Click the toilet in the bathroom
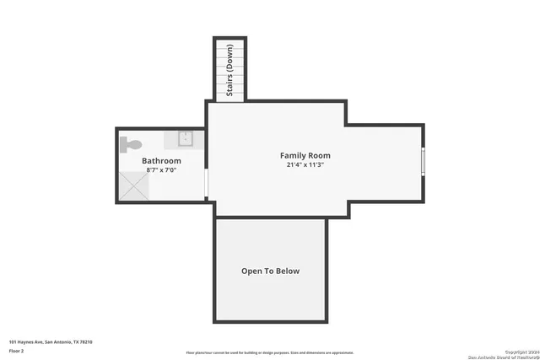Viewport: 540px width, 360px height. [x=129, y=144]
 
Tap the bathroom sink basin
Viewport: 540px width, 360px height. [x=186, y=139]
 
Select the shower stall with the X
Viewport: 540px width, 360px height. [x=132, y=185]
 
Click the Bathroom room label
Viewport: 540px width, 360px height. [x=161, y=160]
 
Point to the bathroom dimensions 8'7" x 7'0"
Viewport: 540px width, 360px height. [x=161, y=170]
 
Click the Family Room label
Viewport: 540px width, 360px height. [x=305, y=155]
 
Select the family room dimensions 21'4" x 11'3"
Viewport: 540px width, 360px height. [x=305, y=165]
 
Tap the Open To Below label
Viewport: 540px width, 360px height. [x=270, y=271]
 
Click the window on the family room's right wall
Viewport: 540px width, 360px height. [x=423, y=160]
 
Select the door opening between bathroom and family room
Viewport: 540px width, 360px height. [x=207, y=185]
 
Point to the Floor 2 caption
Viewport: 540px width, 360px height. [x=17, y=350]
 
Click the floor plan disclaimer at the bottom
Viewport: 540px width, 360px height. [x=270, y=353]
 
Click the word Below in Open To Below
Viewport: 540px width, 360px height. [x=286, y=271]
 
